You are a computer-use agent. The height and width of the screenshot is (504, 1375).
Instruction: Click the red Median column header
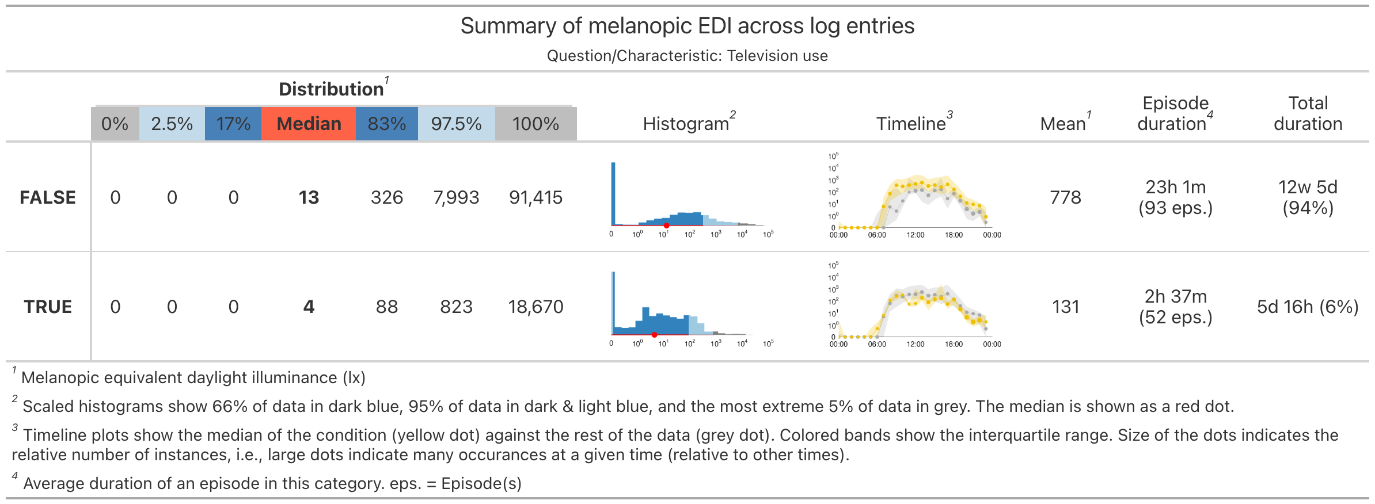click(309, 124)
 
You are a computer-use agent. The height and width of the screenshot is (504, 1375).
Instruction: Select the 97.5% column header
click(456, 124)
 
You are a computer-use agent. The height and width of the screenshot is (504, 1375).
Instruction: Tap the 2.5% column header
click(172, 124)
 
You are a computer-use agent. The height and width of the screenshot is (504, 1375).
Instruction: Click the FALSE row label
click(48, 197)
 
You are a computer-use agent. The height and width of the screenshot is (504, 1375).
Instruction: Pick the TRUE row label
click(48, 307)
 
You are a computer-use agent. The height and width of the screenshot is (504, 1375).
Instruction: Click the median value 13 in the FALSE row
click(309, 197)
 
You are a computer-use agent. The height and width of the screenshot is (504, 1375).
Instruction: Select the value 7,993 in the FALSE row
click(456, 197)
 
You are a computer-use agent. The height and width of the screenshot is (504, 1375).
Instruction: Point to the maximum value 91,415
click(535, 197)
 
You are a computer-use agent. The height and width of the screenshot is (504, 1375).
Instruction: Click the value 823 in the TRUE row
click(456, 307)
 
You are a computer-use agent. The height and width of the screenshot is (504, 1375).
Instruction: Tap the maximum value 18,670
click(535, 307)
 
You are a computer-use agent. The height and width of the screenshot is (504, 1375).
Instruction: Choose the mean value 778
click(1065, 197)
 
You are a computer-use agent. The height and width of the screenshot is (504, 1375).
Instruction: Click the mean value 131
click(1065, 307)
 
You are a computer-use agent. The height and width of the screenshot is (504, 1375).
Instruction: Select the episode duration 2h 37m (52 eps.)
click(1175, 307)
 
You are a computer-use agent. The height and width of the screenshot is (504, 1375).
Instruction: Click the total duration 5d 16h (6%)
click(1308, 307)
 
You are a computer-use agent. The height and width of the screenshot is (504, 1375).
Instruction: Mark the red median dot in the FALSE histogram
click(666, 226)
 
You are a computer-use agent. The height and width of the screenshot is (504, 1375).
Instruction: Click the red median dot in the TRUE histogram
click(655, 335)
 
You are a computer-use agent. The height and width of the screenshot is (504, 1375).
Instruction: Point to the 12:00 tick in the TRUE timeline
click(916, 344)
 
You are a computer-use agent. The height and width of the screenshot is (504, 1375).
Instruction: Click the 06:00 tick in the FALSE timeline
click(877, 235)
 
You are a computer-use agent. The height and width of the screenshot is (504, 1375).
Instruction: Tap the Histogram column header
click(686, 124)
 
